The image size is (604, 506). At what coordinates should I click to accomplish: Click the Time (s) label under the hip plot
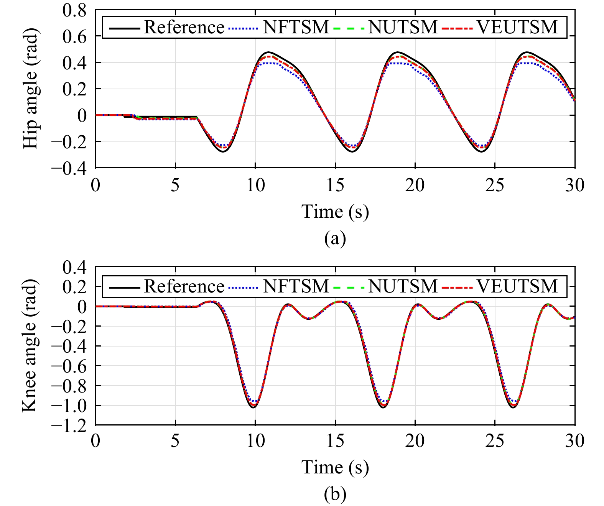point(335,212)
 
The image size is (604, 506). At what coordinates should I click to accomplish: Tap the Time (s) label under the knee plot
point(335,467)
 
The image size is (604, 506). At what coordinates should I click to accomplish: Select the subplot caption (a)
point(335,238)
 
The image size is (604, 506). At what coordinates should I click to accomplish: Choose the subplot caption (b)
point(335,494)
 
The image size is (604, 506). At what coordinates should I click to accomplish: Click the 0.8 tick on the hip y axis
point(74,10)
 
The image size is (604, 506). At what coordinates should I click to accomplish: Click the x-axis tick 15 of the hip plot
point(335,186)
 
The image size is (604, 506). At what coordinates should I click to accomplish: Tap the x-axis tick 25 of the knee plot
point(495,441)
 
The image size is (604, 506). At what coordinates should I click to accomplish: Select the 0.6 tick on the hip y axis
point(74,36)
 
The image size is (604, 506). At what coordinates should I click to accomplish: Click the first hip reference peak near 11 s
point(268,52)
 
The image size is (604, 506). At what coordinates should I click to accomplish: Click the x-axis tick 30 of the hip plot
point(574,186)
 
